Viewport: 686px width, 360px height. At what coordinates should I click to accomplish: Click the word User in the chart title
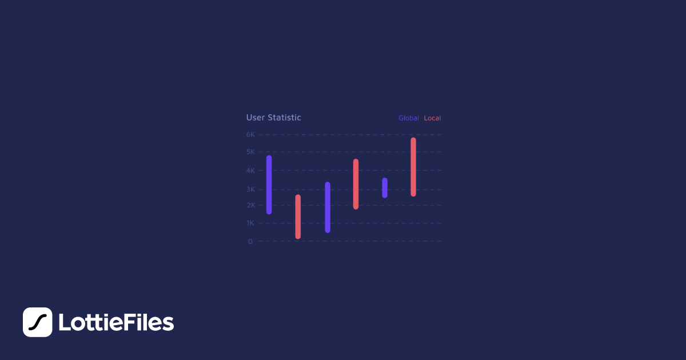[256, 118]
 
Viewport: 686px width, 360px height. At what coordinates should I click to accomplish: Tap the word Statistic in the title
[284, 118]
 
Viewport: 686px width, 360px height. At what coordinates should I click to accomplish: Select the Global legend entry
[409, 118]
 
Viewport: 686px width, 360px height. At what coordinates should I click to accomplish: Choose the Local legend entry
[432, 118]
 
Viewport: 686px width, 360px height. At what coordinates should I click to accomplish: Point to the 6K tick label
[250, 135]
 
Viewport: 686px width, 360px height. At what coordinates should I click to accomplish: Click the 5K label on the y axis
[250, 152]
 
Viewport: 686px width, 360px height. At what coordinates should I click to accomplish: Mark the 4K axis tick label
[250, 170]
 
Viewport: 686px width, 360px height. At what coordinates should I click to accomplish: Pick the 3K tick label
[250, 189]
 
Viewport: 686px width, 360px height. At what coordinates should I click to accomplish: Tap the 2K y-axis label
[250, 205]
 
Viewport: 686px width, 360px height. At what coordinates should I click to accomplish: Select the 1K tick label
[250, 223]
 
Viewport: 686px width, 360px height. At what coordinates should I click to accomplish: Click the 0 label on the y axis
[250, 241]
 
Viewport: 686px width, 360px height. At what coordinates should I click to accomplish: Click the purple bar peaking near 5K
[269, 185]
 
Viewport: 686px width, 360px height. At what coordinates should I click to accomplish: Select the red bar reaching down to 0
[298, 217]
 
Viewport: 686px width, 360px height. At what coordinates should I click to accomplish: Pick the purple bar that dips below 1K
[328, 207]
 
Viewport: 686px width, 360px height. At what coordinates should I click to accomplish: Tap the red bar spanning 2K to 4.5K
[356, 184]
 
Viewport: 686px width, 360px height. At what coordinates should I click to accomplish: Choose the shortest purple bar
[385, 188]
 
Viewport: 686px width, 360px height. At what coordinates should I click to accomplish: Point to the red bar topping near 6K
[413, 167]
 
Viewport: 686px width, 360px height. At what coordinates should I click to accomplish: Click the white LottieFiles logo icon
[37, 322]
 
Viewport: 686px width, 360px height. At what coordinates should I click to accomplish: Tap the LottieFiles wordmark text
[116, 323]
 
